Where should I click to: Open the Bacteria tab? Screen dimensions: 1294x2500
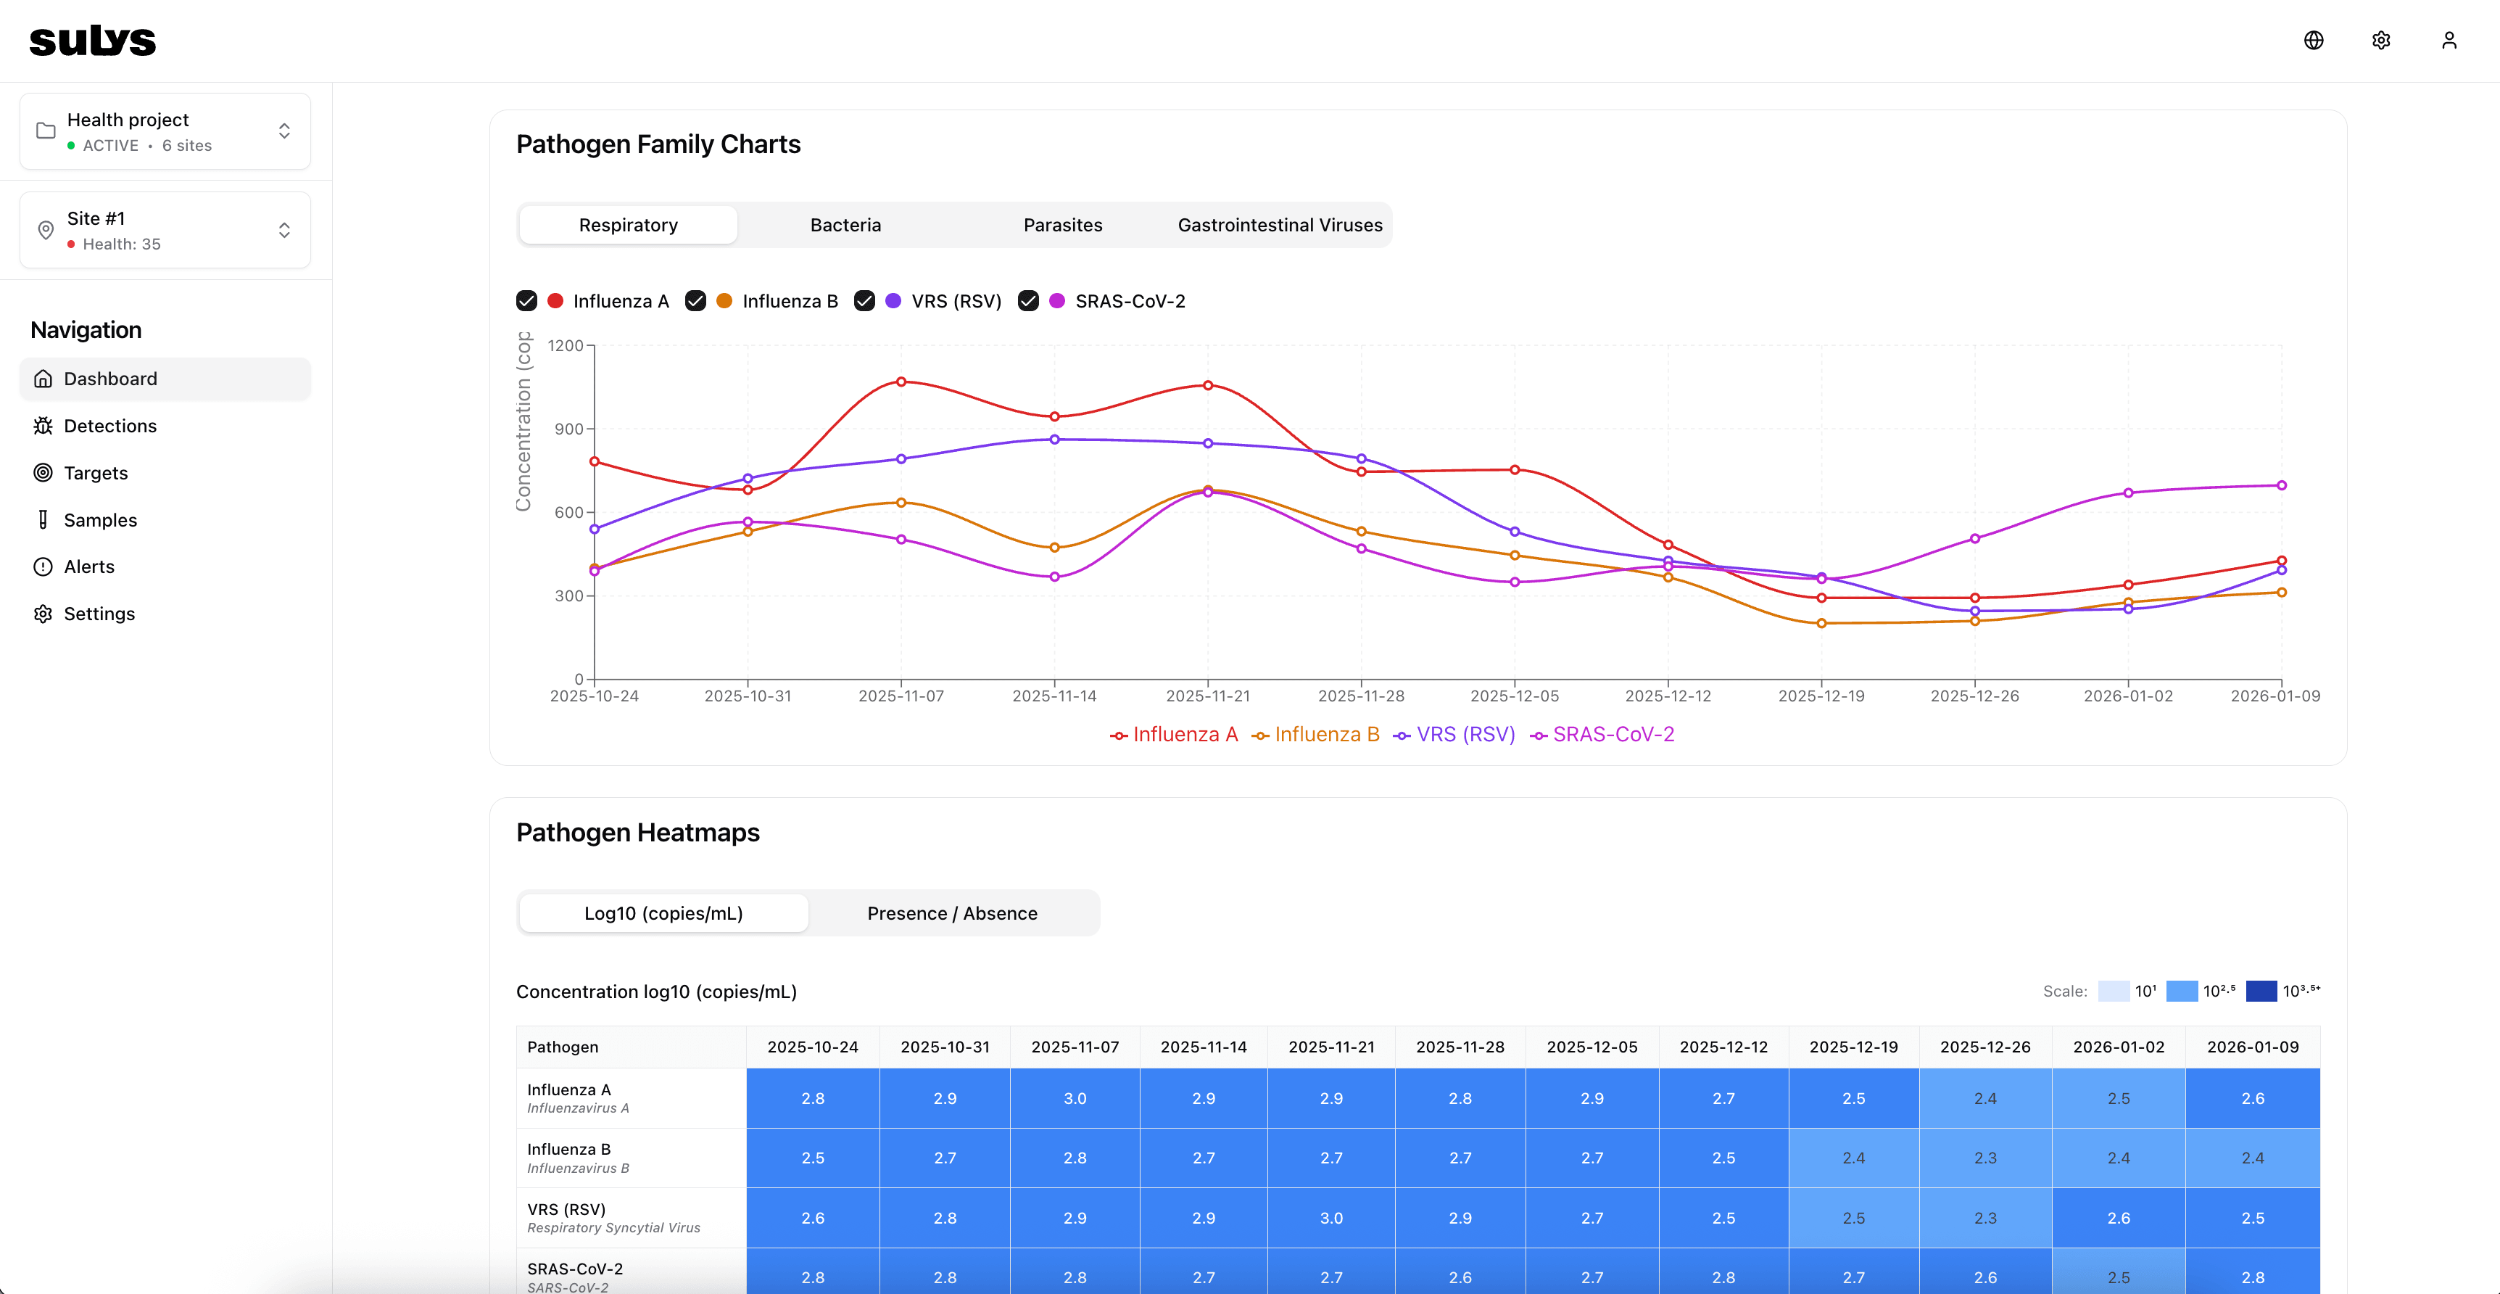pos(845,225)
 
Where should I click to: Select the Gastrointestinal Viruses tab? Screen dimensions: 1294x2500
pos(1279,225)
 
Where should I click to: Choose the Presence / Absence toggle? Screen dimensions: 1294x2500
pos(951,913)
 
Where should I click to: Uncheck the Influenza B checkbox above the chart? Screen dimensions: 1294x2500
pos(695,301)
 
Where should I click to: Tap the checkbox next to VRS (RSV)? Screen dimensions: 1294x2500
pos(864,301)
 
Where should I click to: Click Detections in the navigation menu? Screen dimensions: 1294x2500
pos(109,426)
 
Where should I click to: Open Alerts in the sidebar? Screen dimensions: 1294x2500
pos(88,567)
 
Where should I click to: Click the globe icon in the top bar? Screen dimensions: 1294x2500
pos(2313,40)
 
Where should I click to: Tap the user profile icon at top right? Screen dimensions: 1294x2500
pos(2449,40)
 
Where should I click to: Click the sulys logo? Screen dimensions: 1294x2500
pos(92,40)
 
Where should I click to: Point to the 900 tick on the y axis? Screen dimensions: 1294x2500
pos(568,429)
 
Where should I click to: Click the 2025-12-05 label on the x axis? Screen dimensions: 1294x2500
pos(1514,696)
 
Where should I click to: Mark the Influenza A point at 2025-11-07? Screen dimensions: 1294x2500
pos(901,382)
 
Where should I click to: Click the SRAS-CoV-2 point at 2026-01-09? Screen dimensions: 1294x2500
pos(2280,485)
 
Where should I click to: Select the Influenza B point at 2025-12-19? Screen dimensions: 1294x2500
pos(1821,623)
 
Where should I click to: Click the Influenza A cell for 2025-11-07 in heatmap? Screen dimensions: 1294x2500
pos(1075,1098)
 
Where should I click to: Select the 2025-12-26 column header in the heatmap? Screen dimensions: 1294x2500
pos(1984,1047)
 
